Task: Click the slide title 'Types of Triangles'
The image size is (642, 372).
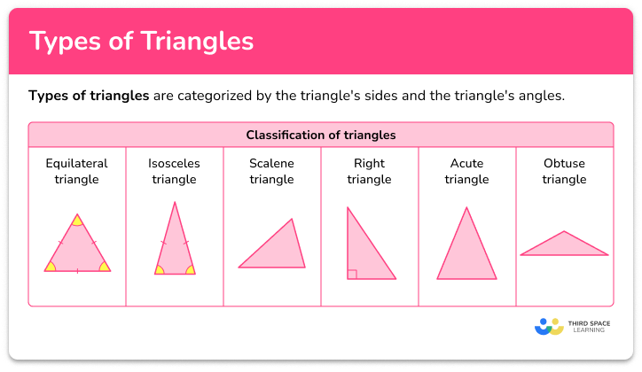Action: (142, 42)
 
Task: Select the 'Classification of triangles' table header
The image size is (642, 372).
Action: (320, 136)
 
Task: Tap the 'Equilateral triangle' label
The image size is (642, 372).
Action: (77, 171)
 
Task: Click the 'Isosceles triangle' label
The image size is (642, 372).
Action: (174, 171)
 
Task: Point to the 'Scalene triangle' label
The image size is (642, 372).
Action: (271, 171)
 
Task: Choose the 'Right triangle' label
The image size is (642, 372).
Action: (369, 171)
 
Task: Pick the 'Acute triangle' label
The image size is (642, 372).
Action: (466, 171)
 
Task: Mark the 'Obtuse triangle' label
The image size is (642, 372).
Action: (564, 171)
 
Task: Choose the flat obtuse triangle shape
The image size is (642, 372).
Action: (564, 247)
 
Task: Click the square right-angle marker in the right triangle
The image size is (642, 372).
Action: (352, 275)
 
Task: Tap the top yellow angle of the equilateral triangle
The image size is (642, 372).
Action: (77, 221)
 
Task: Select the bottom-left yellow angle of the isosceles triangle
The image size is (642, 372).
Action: (160, 269)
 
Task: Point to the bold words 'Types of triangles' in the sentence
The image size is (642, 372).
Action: (89, 96)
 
